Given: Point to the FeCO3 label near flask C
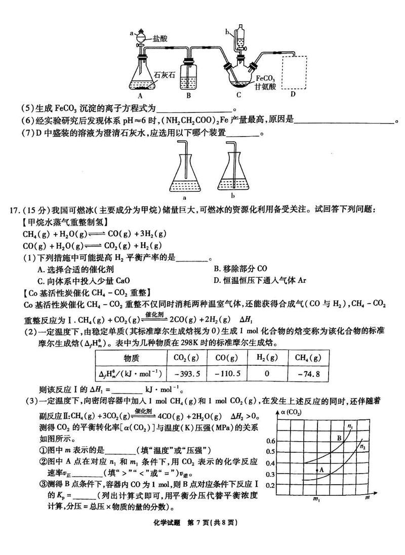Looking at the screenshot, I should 265,78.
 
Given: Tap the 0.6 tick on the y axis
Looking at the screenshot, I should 271,441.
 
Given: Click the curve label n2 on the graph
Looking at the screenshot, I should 362,447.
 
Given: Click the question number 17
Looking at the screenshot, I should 14,209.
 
